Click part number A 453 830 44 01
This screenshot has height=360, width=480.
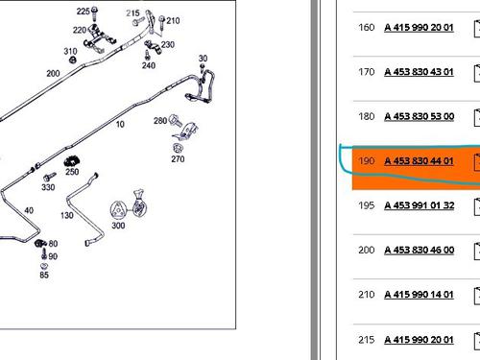point(419,160)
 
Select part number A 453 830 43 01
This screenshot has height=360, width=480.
point(419,72)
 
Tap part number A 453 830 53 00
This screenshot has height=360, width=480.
point(420,116)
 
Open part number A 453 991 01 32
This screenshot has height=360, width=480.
point(420,205)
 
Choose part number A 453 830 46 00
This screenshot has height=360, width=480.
point(420,250)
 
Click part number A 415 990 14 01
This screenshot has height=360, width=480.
point(419,295)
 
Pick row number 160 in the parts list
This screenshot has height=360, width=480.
point(367,27)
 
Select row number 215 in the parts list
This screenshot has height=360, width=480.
point(367,339)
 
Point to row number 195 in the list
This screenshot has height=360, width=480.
point(367,205)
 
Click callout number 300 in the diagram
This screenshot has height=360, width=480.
point(118,226)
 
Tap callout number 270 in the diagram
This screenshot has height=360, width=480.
point(178,158)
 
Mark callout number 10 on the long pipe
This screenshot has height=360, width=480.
point(120,124)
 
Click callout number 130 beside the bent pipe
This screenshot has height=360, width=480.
point(67,215)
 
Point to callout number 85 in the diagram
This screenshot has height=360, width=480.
point(44,275)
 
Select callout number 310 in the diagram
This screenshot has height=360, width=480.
point(70,51)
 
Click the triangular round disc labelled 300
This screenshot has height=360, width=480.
point(118,210)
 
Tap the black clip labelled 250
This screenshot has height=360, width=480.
point(72,161)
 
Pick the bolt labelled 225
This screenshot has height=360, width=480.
point(94,14)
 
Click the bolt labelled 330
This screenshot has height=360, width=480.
point(50,177)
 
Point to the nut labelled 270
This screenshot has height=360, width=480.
point(178,148)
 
